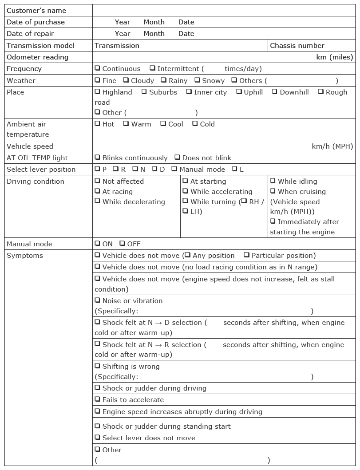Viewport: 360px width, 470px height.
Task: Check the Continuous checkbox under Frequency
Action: point(97,68)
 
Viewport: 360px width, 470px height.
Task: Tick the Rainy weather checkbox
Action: point(163,80)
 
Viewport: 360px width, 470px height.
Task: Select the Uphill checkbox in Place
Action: point(239,92)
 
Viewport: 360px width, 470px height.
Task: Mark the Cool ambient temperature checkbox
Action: point(163,124)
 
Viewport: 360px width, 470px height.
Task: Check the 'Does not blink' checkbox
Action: point(177,158)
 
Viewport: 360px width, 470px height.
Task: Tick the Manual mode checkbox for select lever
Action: point(174,169)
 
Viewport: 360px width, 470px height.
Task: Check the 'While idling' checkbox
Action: point(273,181)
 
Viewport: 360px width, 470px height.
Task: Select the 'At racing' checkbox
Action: point(97,191)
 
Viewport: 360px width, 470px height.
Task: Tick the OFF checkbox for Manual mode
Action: point(122,244)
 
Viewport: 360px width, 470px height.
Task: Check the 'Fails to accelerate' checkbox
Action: point(97,399)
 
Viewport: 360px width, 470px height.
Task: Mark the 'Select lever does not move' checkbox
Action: point(97,438)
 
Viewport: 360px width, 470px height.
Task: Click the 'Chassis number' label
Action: point(297,45)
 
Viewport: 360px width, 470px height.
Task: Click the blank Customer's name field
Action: point(224,10)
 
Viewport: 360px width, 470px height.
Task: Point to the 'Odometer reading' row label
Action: point(38,57)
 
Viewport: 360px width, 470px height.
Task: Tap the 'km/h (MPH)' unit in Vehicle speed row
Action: point(332,146)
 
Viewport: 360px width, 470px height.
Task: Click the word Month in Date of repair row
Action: point(154,34)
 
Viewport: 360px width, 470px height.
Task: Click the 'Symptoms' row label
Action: point(25,256)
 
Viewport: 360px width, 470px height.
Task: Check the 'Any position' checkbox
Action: point(187,255)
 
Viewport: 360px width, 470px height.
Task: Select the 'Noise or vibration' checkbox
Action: point(97,300)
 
